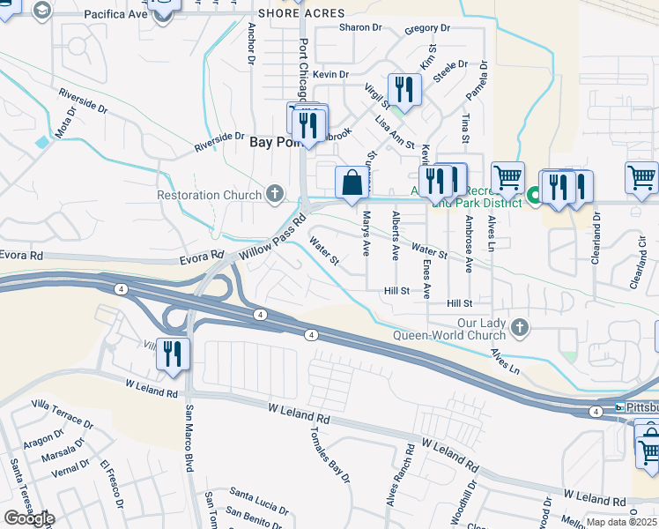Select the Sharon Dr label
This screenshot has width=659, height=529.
click(x=360, y=27)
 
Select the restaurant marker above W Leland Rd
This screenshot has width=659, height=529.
click(x=174, y=354)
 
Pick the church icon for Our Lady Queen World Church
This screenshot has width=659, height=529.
click(x=520, y=328)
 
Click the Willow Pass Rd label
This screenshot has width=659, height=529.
click(x=273, y=238)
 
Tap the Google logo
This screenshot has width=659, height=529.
click(x=29, y=518)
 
